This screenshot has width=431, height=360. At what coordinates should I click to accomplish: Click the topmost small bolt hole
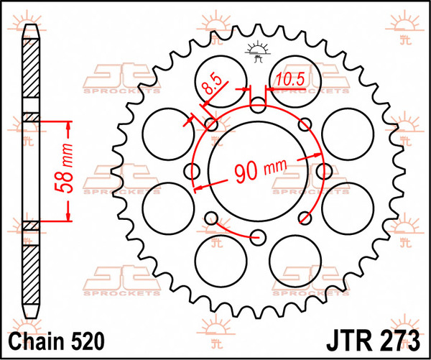[x=258, y=106]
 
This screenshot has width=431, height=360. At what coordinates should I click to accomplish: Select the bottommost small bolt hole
[x=258, y=234]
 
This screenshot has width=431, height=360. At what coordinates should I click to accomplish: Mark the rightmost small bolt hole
[x=323, y=170]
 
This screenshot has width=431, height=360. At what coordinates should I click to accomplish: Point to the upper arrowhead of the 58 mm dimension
[x=69, y=125]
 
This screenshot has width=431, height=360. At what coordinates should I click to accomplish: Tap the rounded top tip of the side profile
[x=31, y=29]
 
